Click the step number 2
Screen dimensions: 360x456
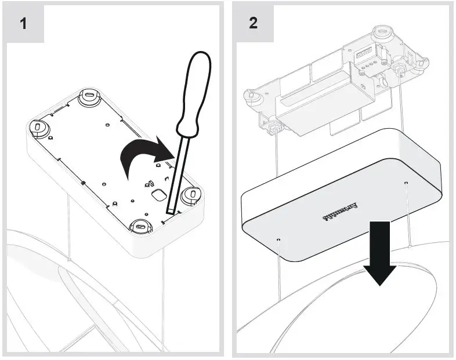254,24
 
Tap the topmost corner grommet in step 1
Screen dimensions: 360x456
90,94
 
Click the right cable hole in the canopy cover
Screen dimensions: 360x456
406,183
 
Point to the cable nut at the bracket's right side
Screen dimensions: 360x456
400,70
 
